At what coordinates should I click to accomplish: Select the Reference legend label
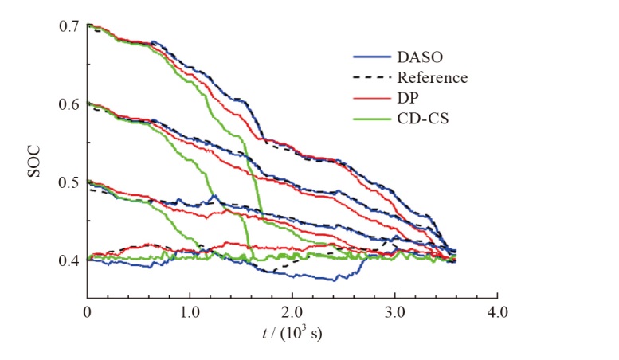tap(432, 77)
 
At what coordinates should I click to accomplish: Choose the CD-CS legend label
tap(420, 119)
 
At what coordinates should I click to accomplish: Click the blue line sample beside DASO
tap(371, 57)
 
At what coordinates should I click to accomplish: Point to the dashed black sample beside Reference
tap(371, 78)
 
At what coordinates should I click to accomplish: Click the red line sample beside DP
tap(371, 99)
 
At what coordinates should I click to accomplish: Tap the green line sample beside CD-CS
tap(371, 119)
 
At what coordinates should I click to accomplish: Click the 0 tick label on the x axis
tap(87, 311)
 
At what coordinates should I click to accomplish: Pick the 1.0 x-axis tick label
tap(190, 311)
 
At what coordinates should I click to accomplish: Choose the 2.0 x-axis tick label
tap(292, 311)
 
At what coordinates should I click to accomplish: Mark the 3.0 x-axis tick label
tap(395, 311)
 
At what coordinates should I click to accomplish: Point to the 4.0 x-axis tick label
tap(497, 311)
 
